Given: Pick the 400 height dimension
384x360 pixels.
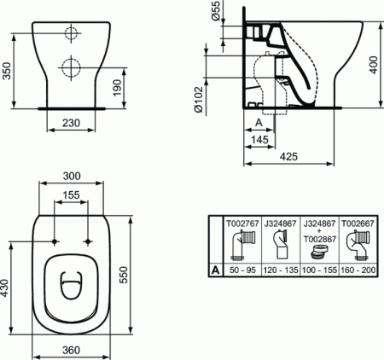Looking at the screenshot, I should [x=372, y=69].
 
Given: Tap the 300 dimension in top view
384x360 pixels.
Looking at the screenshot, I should [x=72, y=176].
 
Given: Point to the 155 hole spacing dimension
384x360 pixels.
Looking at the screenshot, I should [x=71, y=195].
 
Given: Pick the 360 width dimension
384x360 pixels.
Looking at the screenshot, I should [x=72, y=350].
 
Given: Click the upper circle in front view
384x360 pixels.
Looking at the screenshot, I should [x=71, y=34].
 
